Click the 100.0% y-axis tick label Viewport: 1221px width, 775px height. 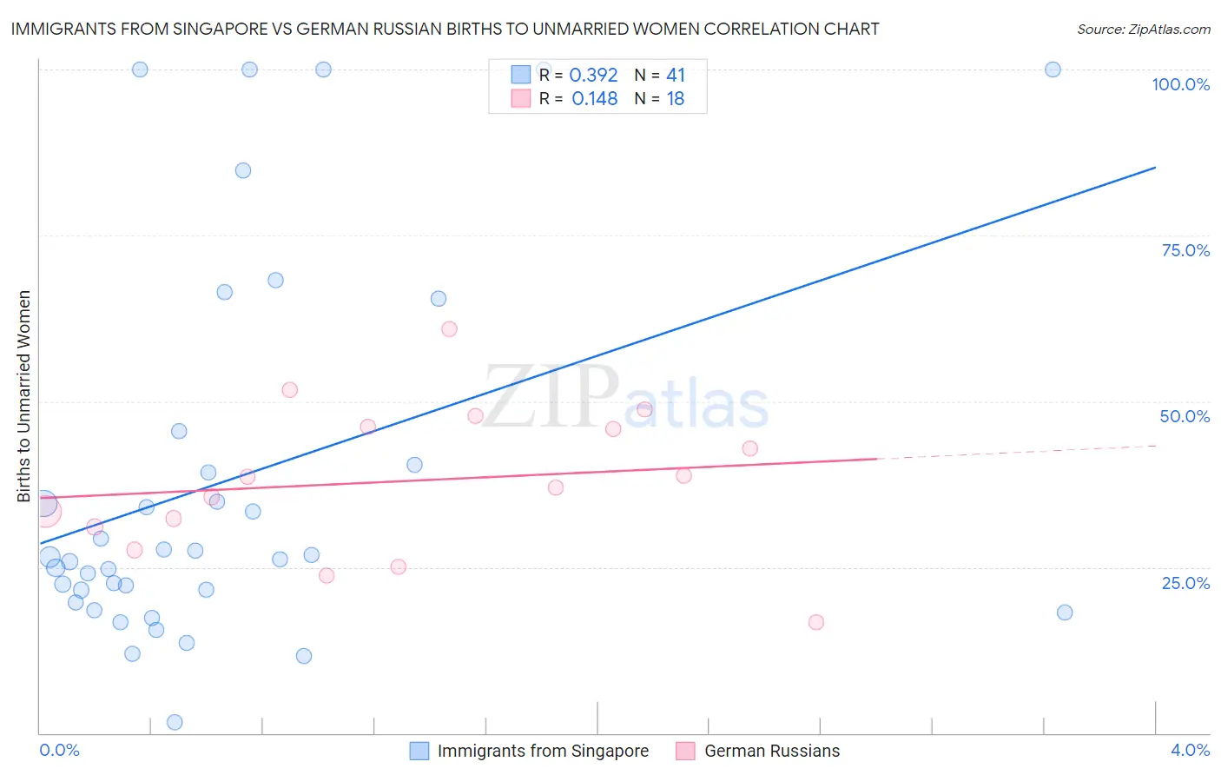tap(1180, 84)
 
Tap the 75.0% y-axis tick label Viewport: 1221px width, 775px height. tap(1185, 250)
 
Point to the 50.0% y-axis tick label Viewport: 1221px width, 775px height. tap(1185, 416)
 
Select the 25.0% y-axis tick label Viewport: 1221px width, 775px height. tap(1185, 582)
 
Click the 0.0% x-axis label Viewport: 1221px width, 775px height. tap(59, 750)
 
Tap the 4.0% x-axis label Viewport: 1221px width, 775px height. tap(1190, 750)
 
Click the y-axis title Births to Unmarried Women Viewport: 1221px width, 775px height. tap(23, 396)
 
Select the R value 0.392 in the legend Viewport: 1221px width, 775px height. tap(593, 75)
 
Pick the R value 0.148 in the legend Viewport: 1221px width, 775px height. tap(594, 98)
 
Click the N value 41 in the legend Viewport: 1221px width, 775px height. tap(676, 75)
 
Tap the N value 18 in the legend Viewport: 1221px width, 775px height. tap(675, 98)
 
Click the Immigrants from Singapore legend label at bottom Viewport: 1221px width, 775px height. tap(543, 751)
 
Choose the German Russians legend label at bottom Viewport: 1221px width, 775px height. tap(772, 751)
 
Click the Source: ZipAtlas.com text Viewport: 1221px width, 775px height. tap(1143, 29)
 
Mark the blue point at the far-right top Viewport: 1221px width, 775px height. tap(1053, 70)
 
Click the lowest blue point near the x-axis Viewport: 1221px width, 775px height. tap(175, 722)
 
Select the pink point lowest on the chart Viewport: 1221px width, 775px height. tap(816, 622)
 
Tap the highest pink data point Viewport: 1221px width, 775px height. tap(449, 328)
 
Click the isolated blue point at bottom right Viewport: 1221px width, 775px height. tap(1065, 613)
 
